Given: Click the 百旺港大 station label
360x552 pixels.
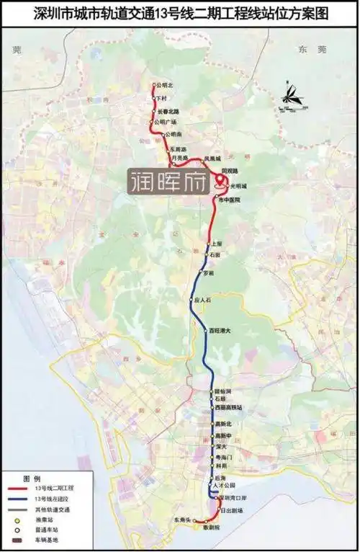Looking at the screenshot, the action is [219, 331].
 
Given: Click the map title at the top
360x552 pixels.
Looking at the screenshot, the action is [179, 12].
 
